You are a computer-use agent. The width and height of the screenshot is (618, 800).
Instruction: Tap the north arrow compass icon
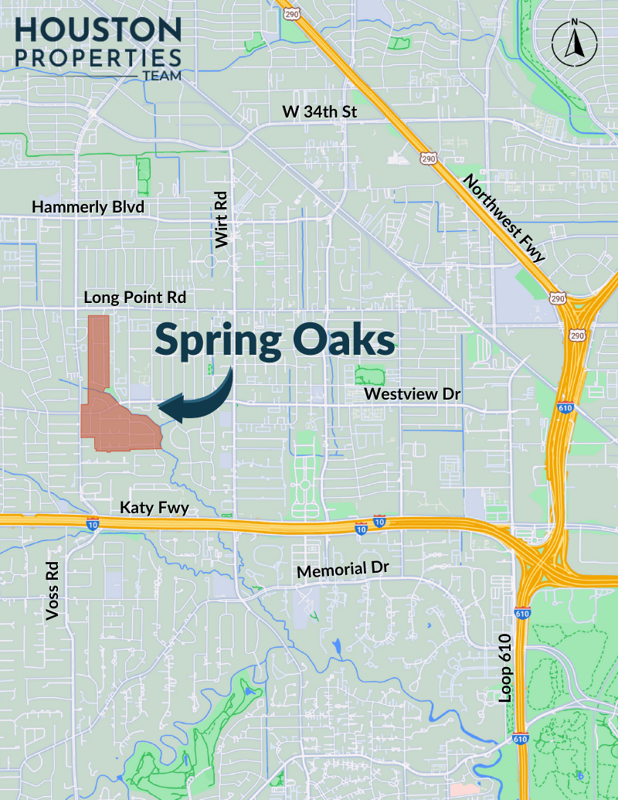click(x=573, y=43)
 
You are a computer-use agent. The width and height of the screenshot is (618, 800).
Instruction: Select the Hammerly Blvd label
click(x=88, y=207)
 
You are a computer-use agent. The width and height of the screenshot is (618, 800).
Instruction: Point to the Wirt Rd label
click(x=222, y=220)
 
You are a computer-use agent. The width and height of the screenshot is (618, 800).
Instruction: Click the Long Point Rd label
click(x=135, y=297)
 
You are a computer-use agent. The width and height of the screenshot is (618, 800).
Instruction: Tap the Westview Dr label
click(x=413, y=394)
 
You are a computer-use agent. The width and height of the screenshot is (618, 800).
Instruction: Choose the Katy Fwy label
click(x=154, y=508)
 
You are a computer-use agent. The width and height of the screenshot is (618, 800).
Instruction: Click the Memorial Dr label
click(x=343, y=570)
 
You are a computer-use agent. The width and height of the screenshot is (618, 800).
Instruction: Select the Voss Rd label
click(x=53, y=591)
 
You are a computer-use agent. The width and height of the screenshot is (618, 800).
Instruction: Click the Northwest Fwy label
click(x=504, y=219)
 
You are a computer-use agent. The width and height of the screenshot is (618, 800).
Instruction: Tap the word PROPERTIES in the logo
click(x=98, y=57)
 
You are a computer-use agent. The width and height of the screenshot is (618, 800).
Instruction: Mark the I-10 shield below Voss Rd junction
click(x=91, y=524)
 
